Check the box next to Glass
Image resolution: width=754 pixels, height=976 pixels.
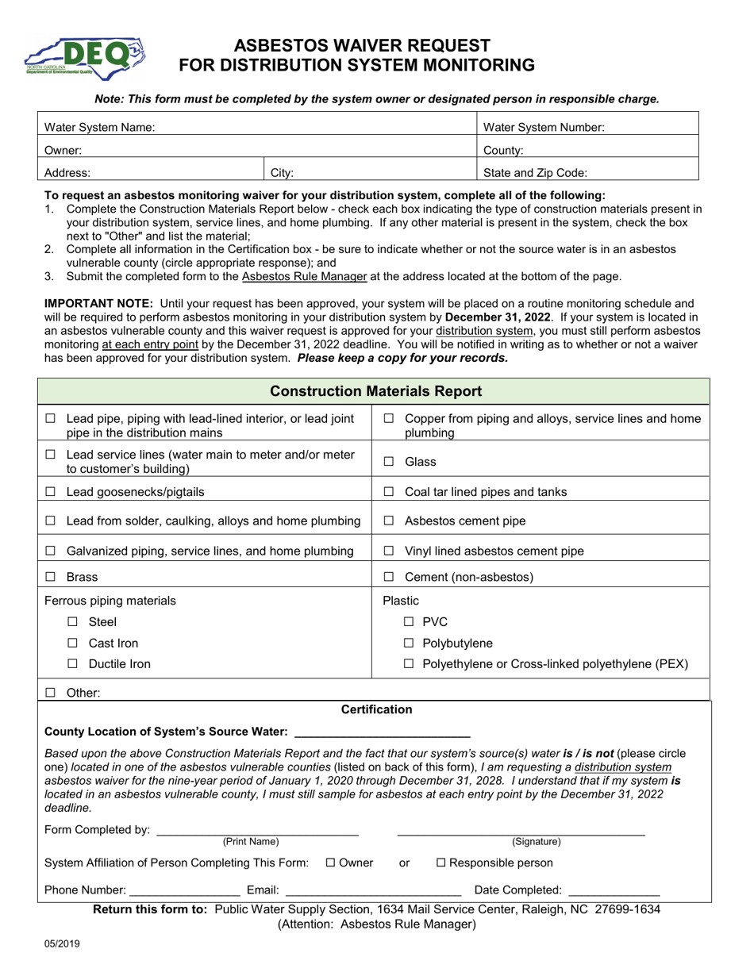click(389, 462)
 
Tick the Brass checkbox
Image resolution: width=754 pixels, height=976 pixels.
click(51, 578)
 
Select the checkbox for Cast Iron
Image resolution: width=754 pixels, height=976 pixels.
click(73, 643)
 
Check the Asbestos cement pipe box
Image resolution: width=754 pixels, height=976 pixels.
click(389, 521)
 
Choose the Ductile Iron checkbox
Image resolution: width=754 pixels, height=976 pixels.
click(73, 664)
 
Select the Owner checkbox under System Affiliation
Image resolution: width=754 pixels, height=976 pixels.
click(331, 863)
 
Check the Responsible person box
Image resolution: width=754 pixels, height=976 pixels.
click(442, 863)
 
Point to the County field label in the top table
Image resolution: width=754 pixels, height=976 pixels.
click(503, 149)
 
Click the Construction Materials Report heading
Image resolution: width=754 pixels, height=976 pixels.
click(376, 391)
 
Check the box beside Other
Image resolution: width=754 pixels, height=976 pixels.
click(51, 693)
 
